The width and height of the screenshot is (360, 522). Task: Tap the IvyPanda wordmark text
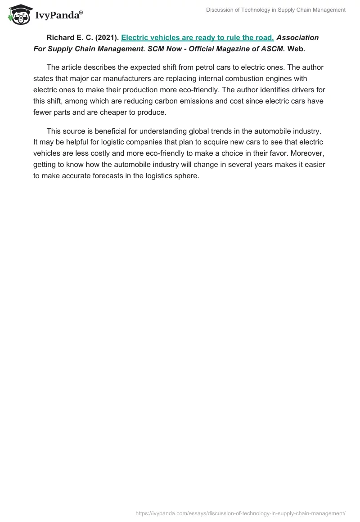point(58,15)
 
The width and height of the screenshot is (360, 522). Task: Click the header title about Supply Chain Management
point(276,10)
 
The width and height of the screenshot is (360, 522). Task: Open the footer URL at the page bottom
point(240,513)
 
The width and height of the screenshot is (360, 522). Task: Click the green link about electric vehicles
point(198,38)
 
